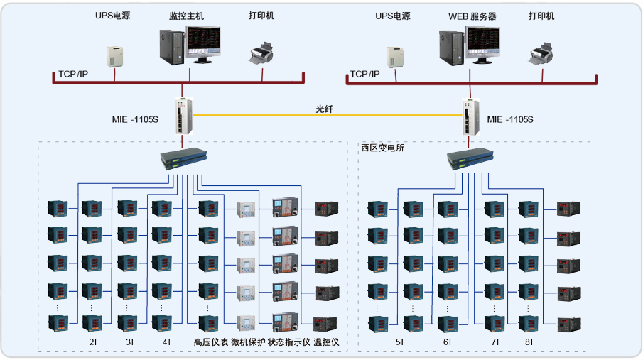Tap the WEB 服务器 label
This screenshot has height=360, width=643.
(x=472, y=16)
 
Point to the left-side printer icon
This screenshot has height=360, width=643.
(x=262, y=51)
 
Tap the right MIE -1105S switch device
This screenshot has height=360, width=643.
(x=470, y=116)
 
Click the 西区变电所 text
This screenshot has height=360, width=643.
(x=382, y=148)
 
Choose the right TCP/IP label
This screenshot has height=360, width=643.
(x=364, y=74)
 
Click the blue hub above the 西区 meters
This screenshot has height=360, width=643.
(x=470, y=159)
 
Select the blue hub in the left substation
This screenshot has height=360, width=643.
(x=183, y=159)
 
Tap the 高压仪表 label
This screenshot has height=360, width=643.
(x=210, y=342)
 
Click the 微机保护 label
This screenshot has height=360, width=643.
(x=248, y=342)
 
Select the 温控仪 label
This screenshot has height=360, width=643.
(x=326, y=342)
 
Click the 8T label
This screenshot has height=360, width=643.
(x=529, y=342)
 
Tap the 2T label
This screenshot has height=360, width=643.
(x=94, y=342)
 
